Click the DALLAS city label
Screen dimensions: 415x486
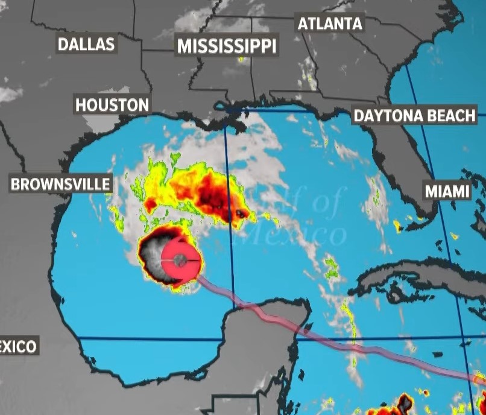click(x=86, y=43)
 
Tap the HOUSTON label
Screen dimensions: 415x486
click(x=112, y=105)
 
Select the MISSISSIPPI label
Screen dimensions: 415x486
click(x=226, y=46)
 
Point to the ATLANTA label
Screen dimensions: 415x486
click(x=330, y=24)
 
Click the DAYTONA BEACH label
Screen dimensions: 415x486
click(x=414, y=116)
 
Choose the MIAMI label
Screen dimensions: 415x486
click(x=447, y=191)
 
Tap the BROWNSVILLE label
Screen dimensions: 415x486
click(x=61, y=184)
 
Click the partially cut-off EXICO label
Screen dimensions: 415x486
click(x=18, y=346)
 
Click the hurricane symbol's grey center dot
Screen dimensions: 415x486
click(x=180, y=260)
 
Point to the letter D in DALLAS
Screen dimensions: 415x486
click(x=62, y=43)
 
